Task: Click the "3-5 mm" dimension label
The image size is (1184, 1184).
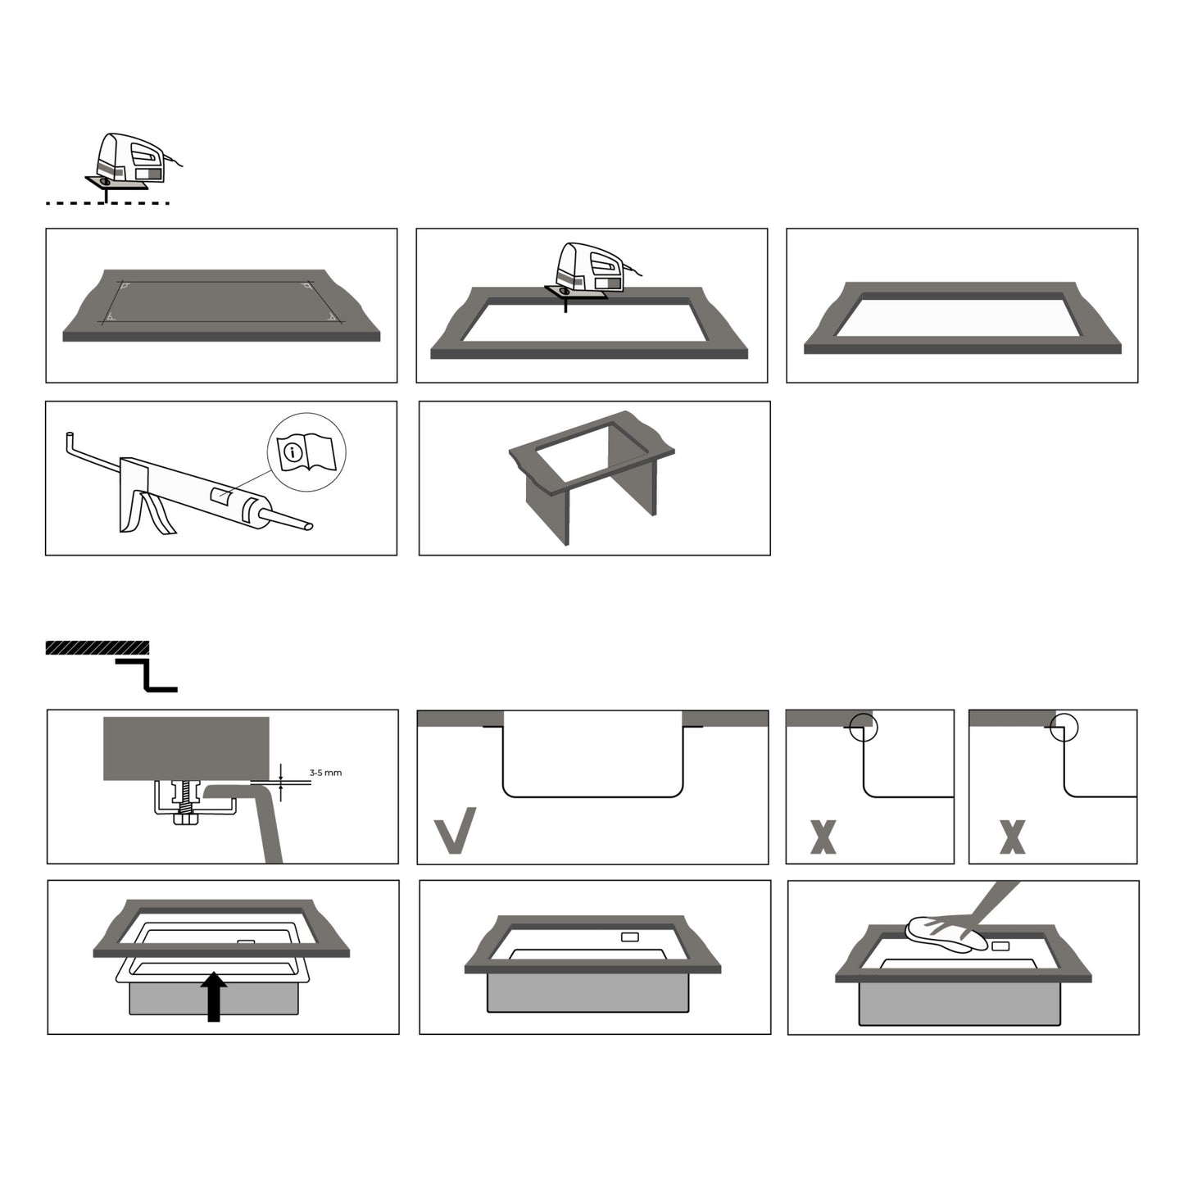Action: (325, 773)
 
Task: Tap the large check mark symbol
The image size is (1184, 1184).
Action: (455, 830)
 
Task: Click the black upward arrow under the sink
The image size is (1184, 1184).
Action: (214, 996)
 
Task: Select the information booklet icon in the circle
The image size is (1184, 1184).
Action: (306, 452)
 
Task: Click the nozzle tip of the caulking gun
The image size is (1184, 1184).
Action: (309, 526)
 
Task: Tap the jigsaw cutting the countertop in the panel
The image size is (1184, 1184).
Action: (588, 273)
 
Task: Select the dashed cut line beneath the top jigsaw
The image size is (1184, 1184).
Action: (107, 202)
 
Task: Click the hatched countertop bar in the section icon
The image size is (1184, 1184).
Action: (97, 647)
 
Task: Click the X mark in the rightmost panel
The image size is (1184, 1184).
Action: (1012, 837)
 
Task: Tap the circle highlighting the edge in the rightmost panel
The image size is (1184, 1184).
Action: (1064, 728)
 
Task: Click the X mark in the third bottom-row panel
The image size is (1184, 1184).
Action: (823, 837)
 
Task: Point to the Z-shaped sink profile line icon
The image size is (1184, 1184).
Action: (146, 675)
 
